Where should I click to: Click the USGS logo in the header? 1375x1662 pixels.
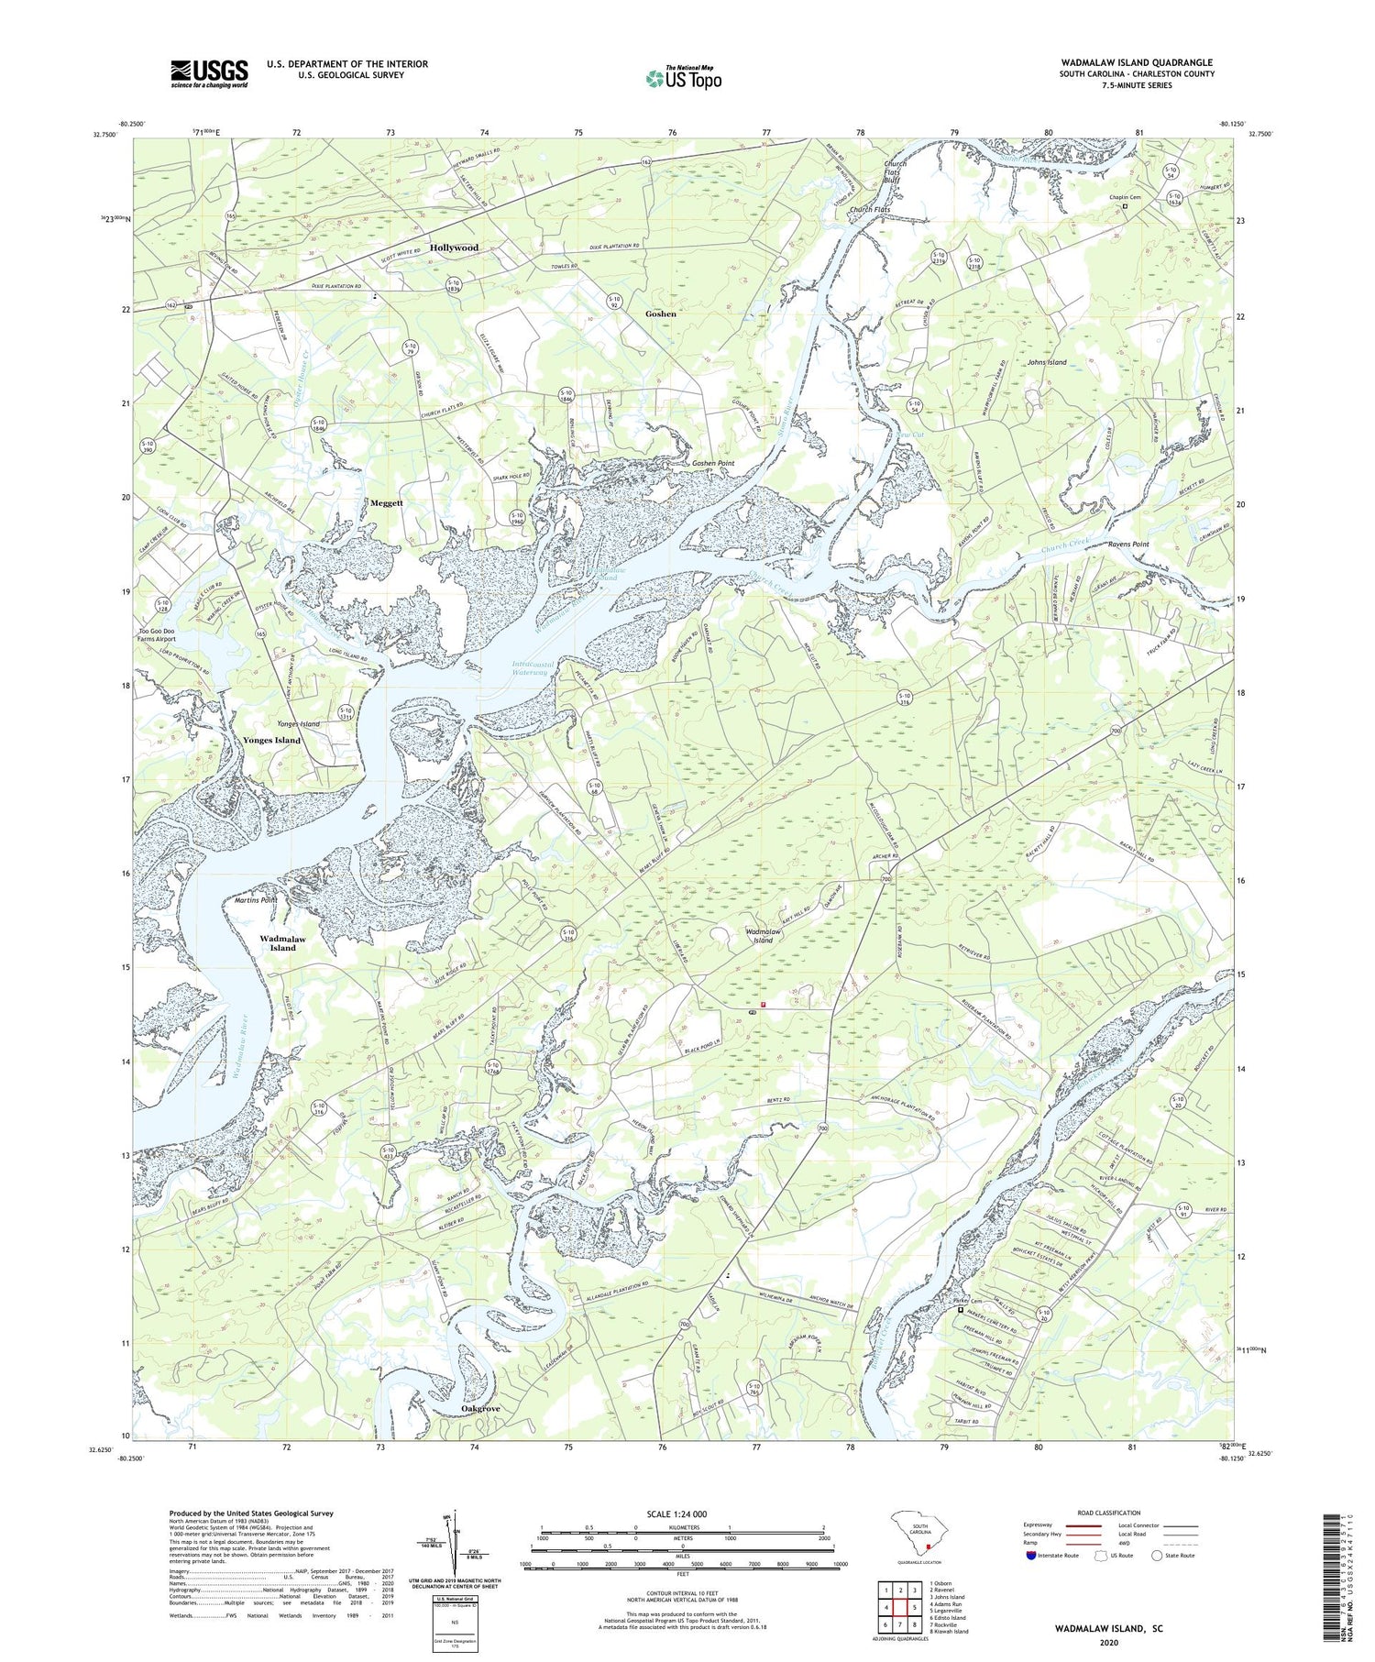(x=209, y=73)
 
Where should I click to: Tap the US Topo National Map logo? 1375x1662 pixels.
(x=683, y=78)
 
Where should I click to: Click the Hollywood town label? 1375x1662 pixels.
(x=454, y=248)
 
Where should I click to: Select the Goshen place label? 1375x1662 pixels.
(x=660, y=314)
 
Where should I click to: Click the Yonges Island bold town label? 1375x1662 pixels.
(x=271, y=740)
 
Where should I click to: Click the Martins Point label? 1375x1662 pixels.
(x=256, y=900)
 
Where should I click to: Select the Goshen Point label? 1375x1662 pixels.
(x=713, y=464)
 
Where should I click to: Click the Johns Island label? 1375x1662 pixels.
(x=1046, y=362)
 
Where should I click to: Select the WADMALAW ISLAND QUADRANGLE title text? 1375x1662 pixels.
(x=1137, y=62)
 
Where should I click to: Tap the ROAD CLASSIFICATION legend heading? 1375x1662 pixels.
(x=1108, y=1513)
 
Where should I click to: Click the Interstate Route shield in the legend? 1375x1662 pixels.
(x=1030, y=1556)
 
